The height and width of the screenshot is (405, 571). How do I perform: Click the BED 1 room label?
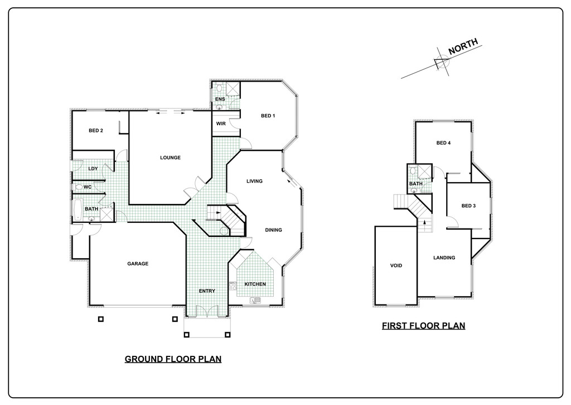268,116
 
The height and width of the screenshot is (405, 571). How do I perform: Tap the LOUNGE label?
170,158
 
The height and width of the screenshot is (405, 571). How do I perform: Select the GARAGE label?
138,264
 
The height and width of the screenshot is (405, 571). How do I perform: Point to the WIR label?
221,123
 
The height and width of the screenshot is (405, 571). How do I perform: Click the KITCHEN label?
255,284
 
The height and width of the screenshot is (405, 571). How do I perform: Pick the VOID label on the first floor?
396,265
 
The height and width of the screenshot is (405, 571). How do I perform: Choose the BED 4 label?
443,143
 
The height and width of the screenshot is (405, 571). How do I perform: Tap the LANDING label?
444,258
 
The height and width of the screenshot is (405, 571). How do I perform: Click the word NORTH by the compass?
463,47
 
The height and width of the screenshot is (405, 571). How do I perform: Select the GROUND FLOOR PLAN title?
173,359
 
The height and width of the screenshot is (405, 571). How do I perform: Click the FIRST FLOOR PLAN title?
424,326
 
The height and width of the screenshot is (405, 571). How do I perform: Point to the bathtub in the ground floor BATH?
78,210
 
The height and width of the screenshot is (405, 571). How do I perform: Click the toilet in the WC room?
78,187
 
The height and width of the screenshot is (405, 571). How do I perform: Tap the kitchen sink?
255,301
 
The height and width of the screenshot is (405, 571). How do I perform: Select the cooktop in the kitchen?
233,285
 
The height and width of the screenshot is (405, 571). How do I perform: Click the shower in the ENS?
233,89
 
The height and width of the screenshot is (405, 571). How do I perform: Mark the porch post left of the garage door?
101,319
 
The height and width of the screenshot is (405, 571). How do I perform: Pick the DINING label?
273,230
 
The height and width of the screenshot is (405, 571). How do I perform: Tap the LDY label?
93,169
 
